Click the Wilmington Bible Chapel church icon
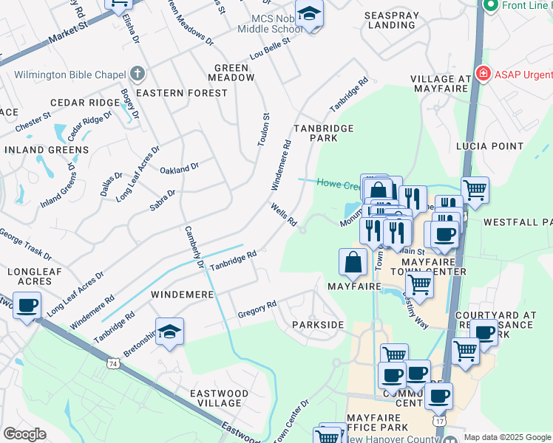136,74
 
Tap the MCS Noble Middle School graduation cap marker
309,14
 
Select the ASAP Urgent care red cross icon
483,74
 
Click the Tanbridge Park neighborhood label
324,133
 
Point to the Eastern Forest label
182,94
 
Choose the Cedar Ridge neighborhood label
85,103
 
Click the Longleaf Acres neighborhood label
30,278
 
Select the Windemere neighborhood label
182,295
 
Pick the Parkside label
318,325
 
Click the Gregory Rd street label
257,309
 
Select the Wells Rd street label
283,215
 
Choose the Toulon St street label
263,130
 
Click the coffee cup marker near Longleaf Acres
27,306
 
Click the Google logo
24,434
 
